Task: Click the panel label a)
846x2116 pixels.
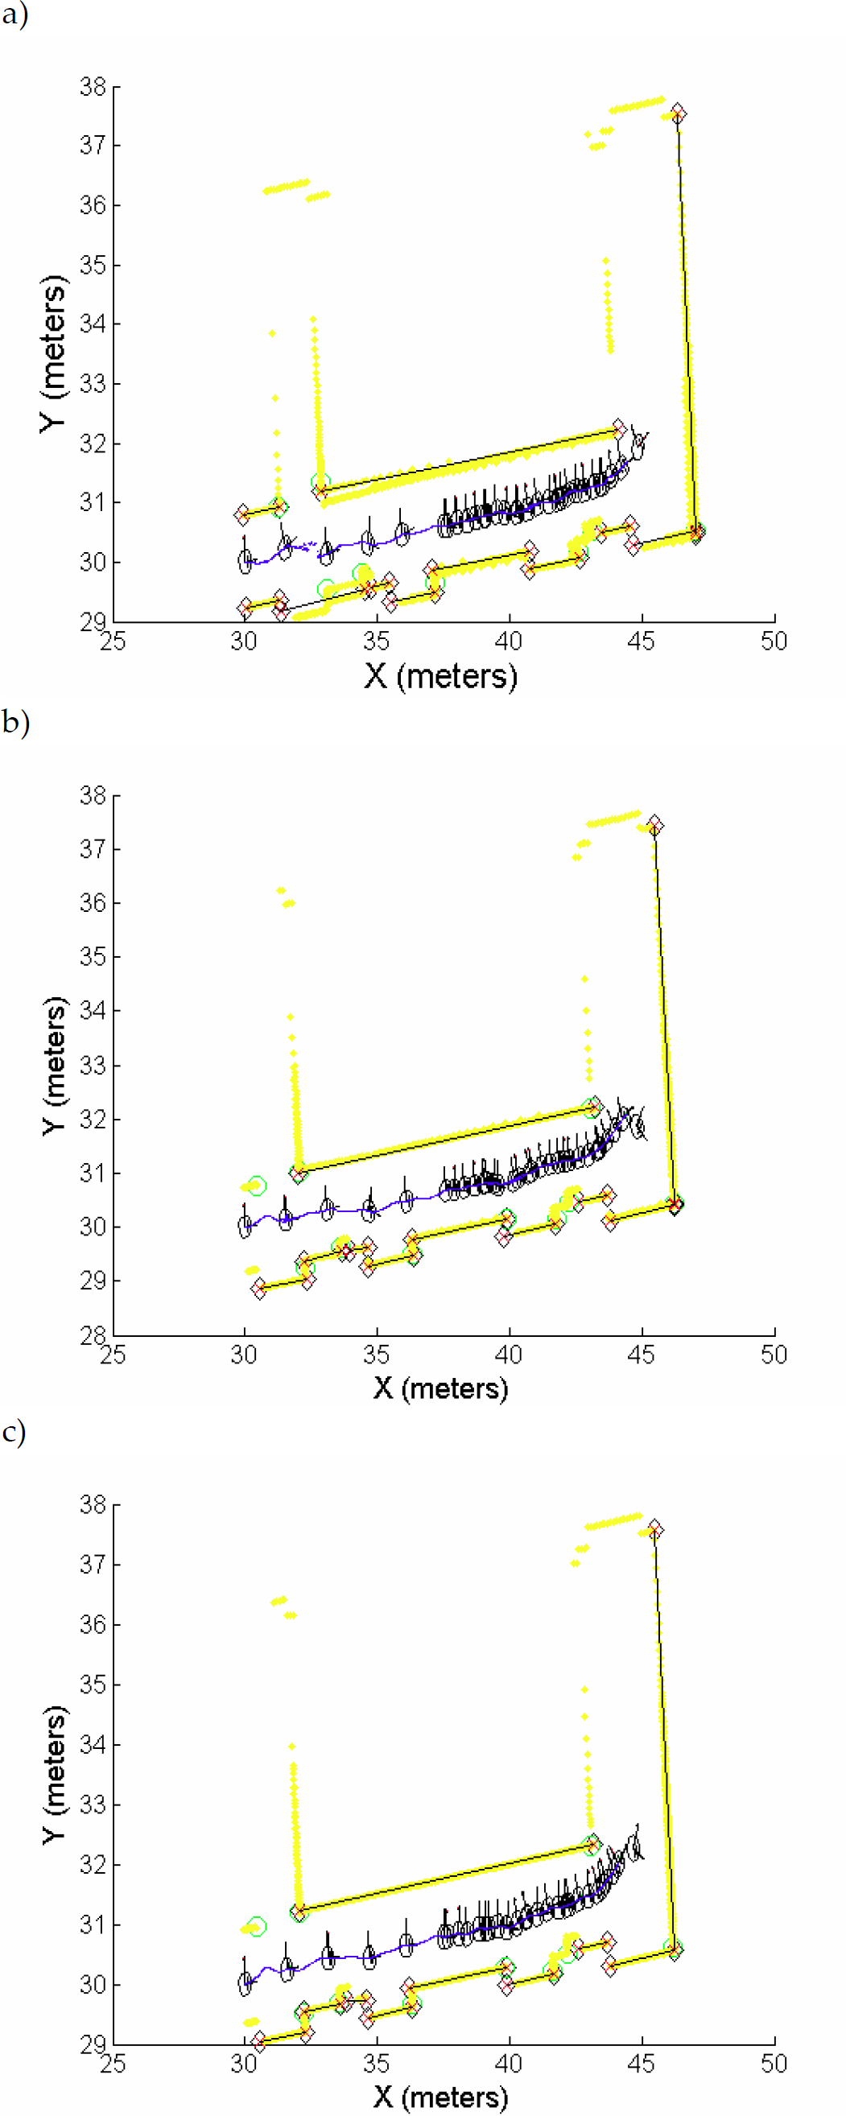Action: point(14,14)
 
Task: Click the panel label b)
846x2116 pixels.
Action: point(14,722)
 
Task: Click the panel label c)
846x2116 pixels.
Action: point(14,1432)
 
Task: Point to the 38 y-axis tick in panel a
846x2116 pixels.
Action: point(93,86)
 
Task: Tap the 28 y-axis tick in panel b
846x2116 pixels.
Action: point(93,1334)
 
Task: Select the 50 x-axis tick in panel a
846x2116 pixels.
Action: point(774,641)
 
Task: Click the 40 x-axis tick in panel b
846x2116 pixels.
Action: point(509,1355)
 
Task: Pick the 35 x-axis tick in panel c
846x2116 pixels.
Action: point(376,2063)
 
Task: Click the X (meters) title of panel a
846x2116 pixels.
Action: point(441,677)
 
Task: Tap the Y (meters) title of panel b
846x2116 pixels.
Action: point(54,1066)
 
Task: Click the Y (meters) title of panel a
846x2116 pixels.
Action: point(54,353)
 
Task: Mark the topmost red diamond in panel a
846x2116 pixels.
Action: point(678,113)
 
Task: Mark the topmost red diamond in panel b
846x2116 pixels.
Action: point(654,826)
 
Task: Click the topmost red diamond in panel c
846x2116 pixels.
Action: point(654,1529)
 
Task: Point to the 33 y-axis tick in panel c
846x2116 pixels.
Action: point(93,1805)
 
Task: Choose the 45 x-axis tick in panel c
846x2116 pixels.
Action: point(641,2063)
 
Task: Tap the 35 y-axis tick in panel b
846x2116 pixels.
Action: point(93,957)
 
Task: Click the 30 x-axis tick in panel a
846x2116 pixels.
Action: point(244,641)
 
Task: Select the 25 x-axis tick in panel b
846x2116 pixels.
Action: point(113,1355)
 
